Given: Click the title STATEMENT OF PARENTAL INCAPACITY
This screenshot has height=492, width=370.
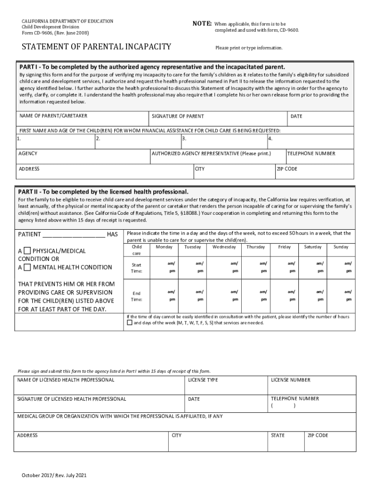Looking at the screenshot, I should point(95,47).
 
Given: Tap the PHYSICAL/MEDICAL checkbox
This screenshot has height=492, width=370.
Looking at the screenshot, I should point(27,251).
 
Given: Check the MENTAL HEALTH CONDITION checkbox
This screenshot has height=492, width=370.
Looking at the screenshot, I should point(27,267).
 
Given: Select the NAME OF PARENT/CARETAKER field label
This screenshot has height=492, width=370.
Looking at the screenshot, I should point(53,116).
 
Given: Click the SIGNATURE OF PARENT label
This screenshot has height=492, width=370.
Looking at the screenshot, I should point(178,116).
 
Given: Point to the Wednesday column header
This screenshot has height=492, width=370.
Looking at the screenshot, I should point(224,247).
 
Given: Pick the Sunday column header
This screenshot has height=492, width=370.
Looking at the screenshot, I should point(341,247).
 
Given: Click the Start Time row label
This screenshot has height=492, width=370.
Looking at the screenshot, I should point(136,268).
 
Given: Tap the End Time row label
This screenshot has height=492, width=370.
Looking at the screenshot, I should point(136,296).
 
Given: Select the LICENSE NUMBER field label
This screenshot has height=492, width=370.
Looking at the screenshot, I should point(290,380).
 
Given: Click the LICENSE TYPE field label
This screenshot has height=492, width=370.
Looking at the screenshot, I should point(203,380).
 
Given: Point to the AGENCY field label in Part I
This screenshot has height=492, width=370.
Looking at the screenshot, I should point(28,154).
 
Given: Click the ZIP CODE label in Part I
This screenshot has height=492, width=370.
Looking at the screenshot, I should point(287,169).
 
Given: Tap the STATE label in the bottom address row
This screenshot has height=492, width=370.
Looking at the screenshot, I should point(278,435).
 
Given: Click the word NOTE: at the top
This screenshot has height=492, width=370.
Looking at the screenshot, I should point(202,23).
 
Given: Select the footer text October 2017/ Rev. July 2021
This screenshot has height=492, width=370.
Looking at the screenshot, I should point(53,476).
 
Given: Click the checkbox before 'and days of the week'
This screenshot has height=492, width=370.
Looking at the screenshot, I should point(129,323).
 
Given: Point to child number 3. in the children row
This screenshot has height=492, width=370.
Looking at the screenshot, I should point(184,139).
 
